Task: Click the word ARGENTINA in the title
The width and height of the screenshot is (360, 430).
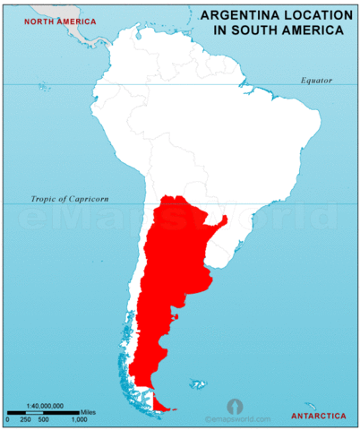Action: tap(235, 15)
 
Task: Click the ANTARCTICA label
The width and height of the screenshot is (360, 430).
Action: tap(319, 417)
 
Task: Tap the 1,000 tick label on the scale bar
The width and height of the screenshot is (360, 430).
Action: tap(79, 419)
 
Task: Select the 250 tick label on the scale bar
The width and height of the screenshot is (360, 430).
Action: tap(26, 419)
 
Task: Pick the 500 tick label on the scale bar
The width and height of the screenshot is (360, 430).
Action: tap(44, 419)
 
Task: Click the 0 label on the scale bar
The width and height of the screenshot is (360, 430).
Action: tap(8, 419)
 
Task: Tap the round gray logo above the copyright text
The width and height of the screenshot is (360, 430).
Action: tap(235, 405)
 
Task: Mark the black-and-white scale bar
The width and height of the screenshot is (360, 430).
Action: tap(45, 412)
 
